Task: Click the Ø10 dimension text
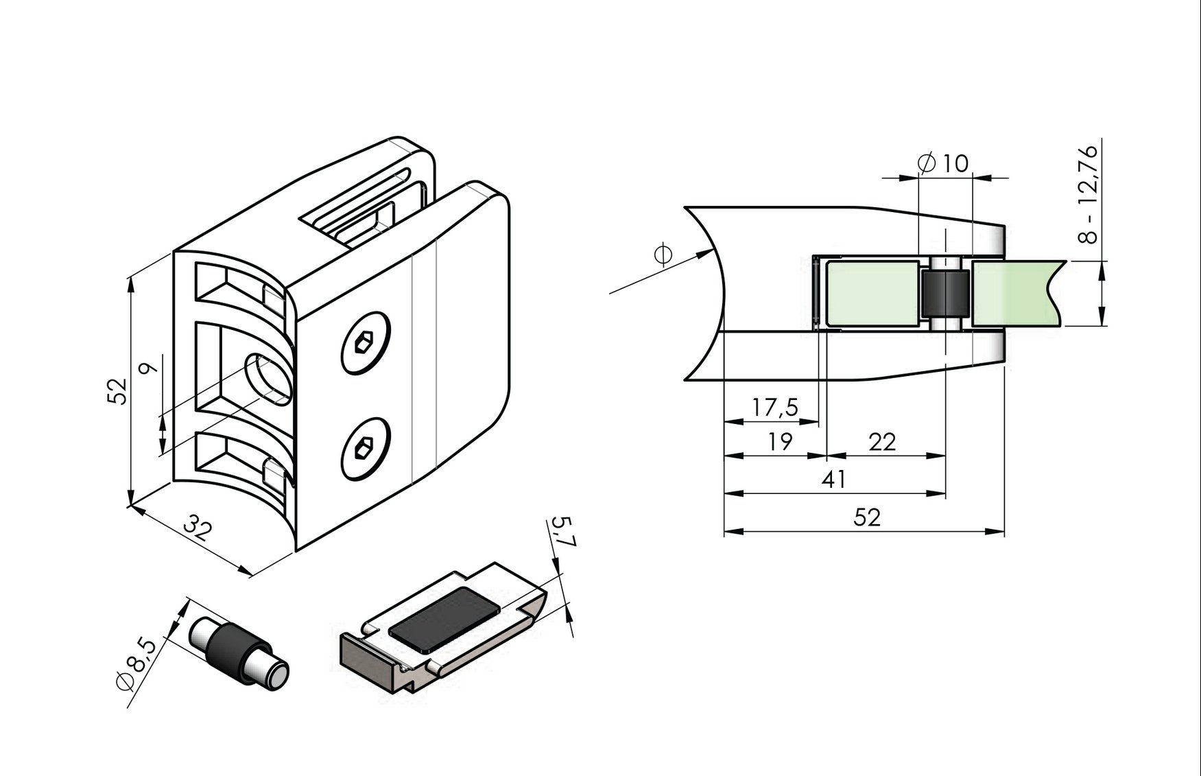coord(943,163)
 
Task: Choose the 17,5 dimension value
coord(774,408)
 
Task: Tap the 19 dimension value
coord(778,441)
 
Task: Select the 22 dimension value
coord(882,441)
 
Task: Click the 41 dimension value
coord(833,479)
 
